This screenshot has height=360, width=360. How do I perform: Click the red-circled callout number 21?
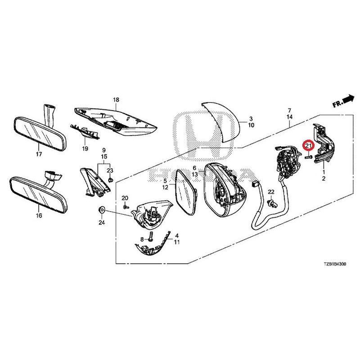pyautogui.click(x=308, y=146)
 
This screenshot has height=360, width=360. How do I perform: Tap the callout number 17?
pyautogui.click(x=39, y=154)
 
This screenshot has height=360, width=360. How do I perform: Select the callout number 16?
pyautogui.click(x=39, y=216)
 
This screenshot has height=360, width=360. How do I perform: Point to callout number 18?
pyautogui.click(x=116, y=99)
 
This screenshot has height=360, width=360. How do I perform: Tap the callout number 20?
pyautogui.click(x=125, y=198)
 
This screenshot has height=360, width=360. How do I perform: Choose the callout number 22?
pyautogui.click(x=271, y=192)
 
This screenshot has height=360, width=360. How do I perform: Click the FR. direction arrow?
pyautogui.click(x=343, y=102)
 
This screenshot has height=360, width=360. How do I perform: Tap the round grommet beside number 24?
pyautogui.click(x=101, y=210)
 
